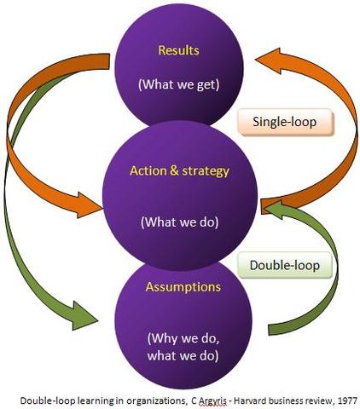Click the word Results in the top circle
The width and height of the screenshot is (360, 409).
click(x=179, y=50)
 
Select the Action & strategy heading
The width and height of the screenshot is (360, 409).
click(x=179, y=170)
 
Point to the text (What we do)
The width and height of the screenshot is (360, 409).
click(x=179, y=224)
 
